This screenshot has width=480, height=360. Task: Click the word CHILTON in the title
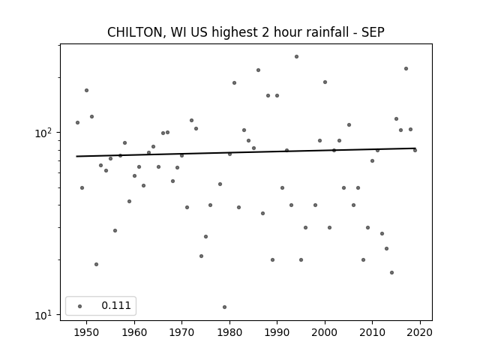pos(135,32)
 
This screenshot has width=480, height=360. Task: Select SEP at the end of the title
pos(373,32)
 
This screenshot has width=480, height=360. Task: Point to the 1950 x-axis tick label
pos(87,332)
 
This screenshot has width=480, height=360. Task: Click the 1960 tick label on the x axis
pos(134,332)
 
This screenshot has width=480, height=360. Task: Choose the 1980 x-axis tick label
pos(229,332)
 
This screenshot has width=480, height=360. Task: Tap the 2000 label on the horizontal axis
pos(325,332)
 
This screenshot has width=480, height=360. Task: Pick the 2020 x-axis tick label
pos(420,332)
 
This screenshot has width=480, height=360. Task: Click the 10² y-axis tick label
pos(44,133)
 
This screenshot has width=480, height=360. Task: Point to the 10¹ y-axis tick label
pos(44,315)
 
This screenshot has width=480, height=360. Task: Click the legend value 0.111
pos(116,305)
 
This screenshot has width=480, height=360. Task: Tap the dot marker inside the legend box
pos(80,306)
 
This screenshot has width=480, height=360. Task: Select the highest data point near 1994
pos(296,57)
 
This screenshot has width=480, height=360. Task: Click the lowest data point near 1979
pos(225,307)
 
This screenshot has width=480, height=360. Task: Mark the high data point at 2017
pos(406,68)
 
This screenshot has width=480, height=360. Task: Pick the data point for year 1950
pos(87,90)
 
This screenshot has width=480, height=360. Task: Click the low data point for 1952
pos(96,264)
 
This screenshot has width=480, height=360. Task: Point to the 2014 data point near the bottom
pos(391,272)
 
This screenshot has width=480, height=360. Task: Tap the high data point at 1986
pos(258,70)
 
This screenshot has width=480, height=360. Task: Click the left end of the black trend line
pos(76,157)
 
